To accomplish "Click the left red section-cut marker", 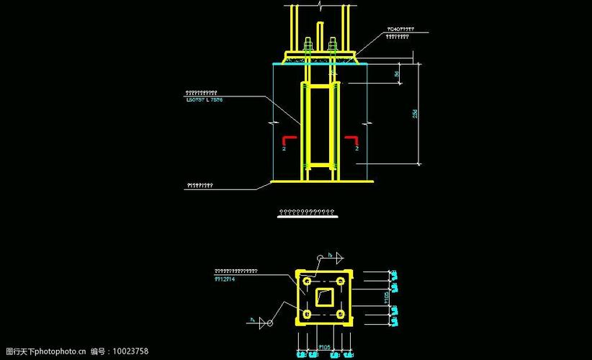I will click(x=287, y=140).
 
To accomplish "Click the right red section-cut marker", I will click(x=352, y=140).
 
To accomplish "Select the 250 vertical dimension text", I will click(x=416, y=114).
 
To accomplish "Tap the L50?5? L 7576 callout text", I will click(x=204, y=100).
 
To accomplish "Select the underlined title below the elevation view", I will click(x=307, y=212).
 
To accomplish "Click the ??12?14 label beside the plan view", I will click(x=225, y=278).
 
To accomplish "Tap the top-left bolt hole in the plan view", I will click(x=308, y=280).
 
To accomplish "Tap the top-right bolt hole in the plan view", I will click(x=340, y=280).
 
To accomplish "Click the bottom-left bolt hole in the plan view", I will click(x=308, y=315).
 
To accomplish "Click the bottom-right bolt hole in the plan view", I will click(x=340, y=315).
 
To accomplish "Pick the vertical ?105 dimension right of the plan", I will click(x=387, y=297).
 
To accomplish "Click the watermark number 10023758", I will click(x=130, y=351).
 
